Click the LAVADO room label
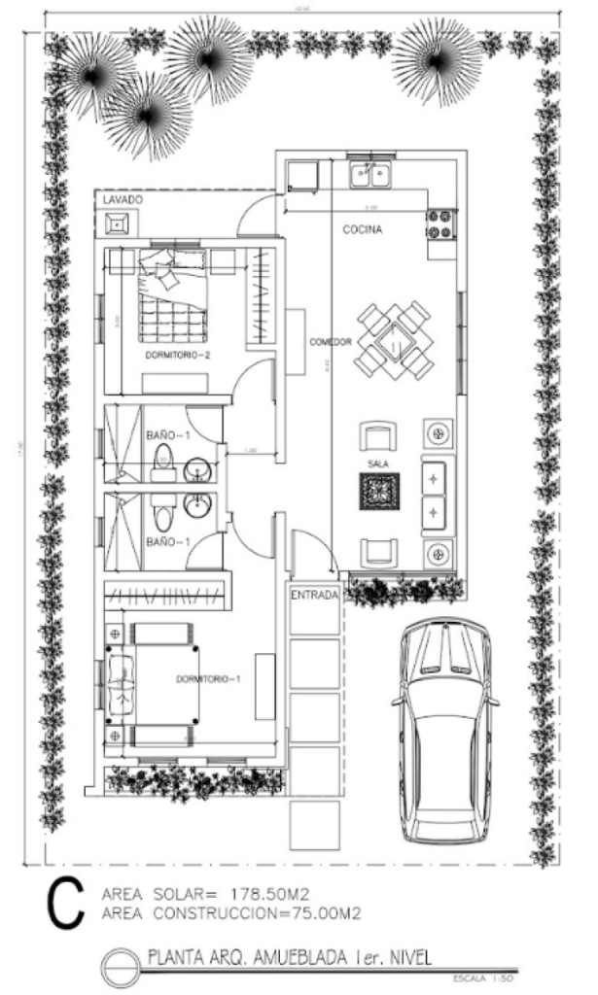tap(123, 199)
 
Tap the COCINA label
tap(362, 230)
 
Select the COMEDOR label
tap(331, 343)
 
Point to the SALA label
tap(378, 463)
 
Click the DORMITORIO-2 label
tap(178, 356)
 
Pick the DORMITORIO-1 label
tap(208, 679)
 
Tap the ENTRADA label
tap(313, 594)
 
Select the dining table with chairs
tap(393, 339)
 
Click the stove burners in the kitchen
tap(440, 224)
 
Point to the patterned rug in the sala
tap(378, 492)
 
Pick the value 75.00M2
tap(315, 912)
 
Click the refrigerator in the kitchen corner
tap(301, 174)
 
